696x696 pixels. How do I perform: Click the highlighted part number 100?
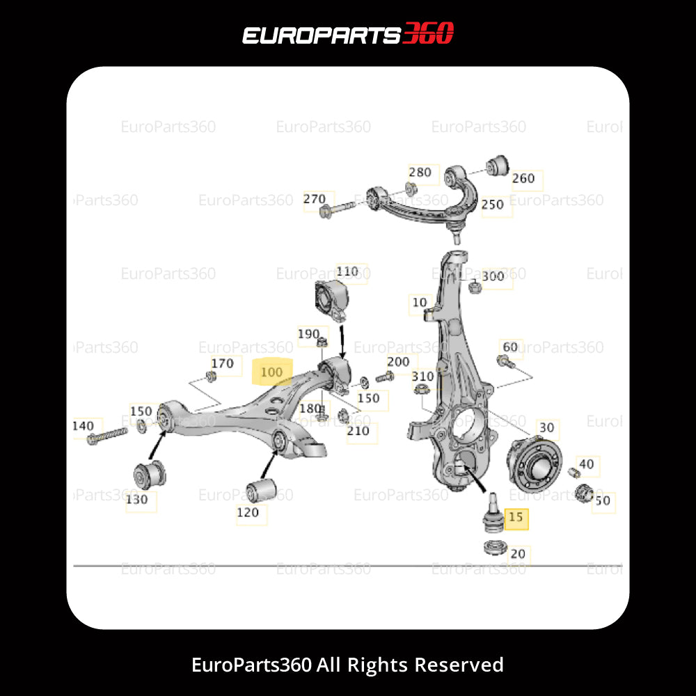click(272, 373)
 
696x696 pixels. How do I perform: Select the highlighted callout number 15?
click(516, 517)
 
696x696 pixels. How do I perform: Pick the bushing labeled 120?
click(262, 491)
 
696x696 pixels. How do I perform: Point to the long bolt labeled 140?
click(107, 436)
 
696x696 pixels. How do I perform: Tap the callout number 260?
click(523, 178)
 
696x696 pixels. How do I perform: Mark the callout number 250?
click(492, 205)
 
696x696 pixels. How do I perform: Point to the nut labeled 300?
click(475, 285)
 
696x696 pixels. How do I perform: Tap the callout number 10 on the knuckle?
click(420, 303)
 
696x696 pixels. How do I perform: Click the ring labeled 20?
click(493, 546)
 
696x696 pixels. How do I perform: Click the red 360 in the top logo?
click(428, 33)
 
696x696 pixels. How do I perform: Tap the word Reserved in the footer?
click(459, 665)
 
